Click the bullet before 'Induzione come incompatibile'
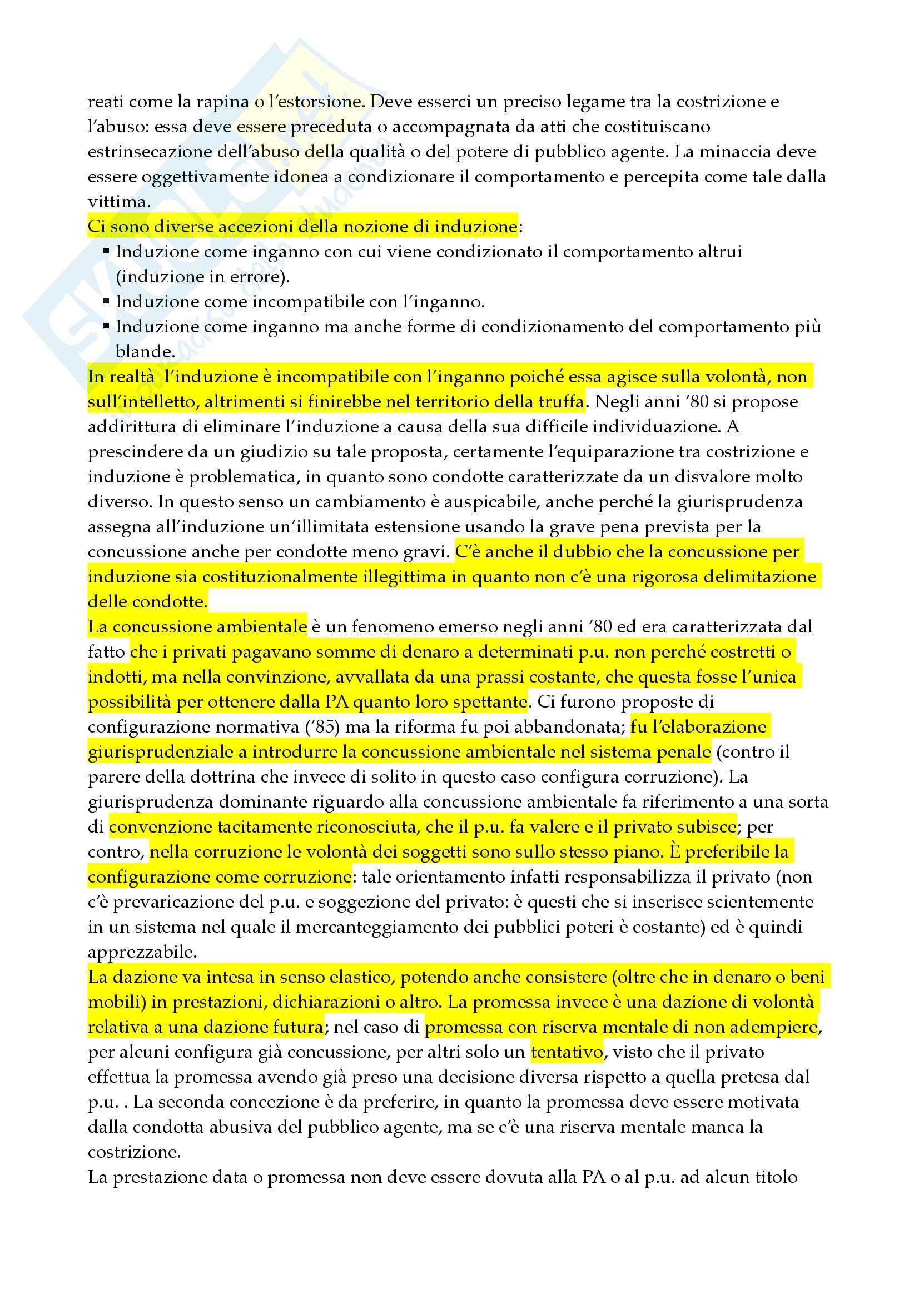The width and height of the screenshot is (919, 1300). click(x=106, y=302)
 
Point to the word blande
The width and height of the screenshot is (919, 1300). click(x=144, y=352)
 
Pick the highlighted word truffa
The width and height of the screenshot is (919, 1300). click(x=559, y=402)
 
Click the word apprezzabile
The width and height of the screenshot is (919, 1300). click(x=142, y=953)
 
